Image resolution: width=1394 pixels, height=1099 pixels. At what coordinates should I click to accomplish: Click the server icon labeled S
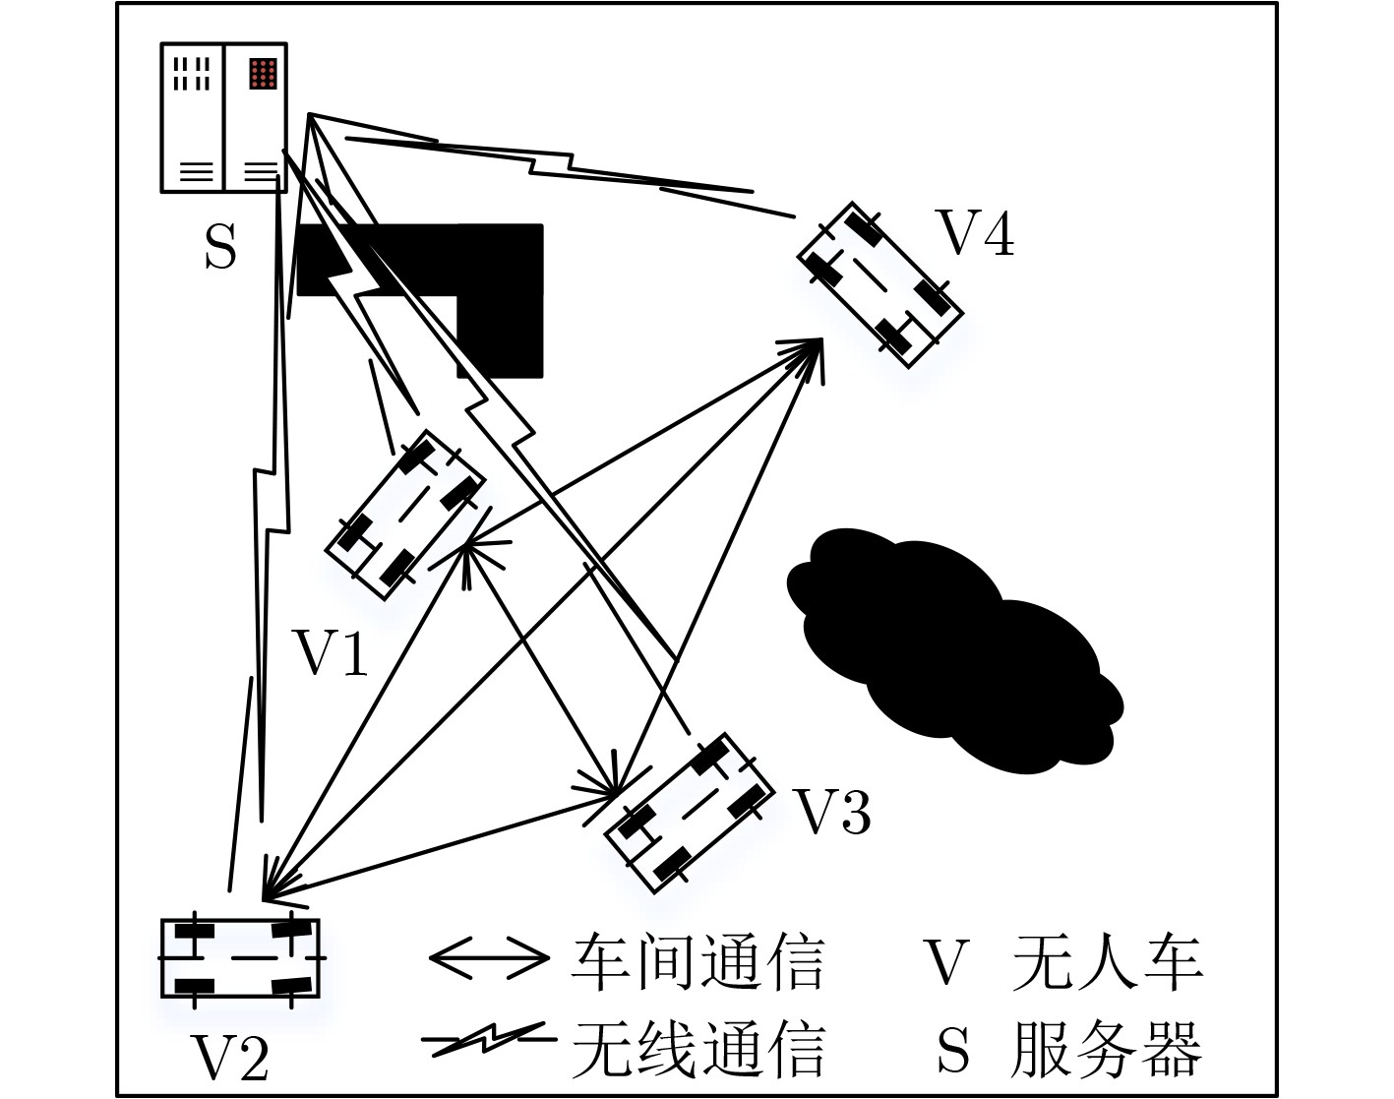pyautogui.click(x=223, y=117)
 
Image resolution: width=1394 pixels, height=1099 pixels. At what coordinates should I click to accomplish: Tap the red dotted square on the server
pyautogui.click(x=263, y=73)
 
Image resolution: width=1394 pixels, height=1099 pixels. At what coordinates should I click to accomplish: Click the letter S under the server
pyautogui.click(x=220, y=247)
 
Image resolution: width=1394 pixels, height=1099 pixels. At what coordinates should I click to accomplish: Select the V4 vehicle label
pyautogui.click(x=976, y=232)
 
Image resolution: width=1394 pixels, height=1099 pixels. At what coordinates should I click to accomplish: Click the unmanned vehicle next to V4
pyautogui.click(x=880, y=285)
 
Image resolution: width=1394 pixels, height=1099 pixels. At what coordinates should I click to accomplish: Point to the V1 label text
pyautogui.click(x=331, y=652)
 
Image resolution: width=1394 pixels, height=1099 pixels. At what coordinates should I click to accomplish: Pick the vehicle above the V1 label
pyautogui.click(x=405, y=515)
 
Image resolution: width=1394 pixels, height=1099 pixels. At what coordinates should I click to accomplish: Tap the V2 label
pyautogui.click(x=230, y=1058)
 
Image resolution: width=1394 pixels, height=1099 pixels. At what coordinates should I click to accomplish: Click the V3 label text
pyautogui.click(x=832, y=811)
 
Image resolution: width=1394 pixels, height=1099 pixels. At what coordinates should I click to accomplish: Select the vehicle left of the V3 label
pyautogui.click(x=690, y=814)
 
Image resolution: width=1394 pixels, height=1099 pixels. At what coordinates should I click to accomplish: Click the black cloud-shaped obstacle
pyautogui.click(x=954, y=650)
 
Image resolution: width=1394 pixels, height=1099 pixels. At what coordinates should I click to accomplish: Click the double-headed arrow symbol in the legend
pyautogui.click(x=490, y=957)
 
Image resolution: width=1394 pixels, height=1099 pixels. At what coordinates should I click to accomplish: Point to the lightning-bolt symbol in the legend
pyautogui.click(x=490, y=1039)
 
